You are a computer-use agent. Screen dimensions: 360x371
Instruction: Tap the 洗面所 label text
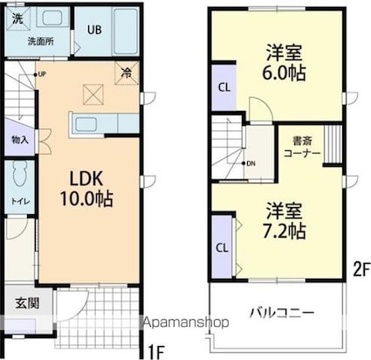pos(39,40)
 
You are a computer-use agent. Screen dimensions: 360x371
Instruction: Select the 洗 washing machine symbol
pos(18,17)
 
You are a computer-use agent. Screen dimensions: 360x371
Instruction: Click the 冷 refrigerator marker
pos(127,74)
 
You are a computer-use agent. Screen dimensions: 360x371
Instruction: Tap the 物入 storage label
pos(19,139)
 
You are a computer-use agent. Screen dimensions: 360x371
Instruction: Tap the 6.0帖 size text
pos(285,73)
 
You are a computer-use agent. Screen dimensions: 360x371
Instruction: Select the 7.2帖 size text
pos(285,232)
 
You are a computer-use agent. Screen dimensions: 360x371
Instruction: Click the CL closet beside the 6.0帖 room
pos(223,87)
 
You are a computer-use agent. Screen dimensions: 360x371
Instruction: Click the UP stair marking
pos(41,74)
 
